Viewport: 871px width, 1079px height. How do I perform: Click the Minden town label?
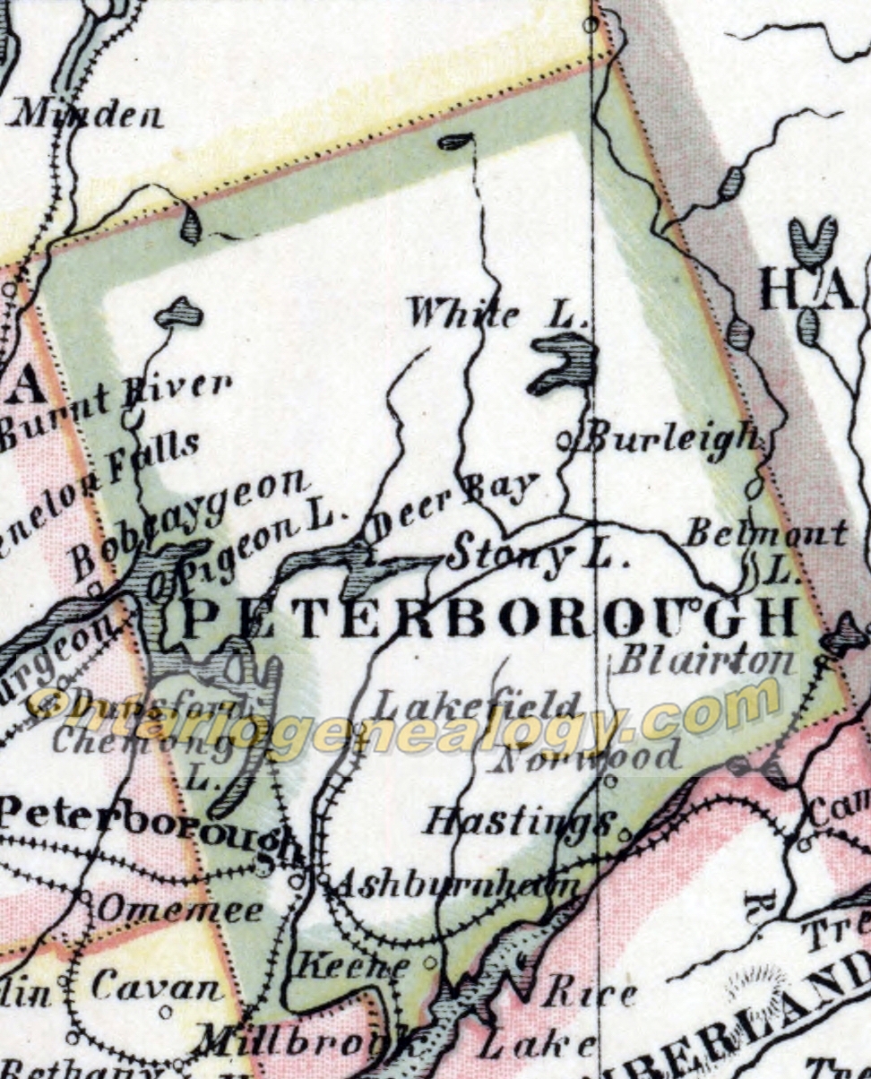coord(88,114)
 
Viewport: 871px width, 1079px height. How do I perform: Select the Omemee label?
coord(180,911)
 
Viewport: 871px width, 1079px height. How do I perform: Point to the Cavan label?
coord(158,988)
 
